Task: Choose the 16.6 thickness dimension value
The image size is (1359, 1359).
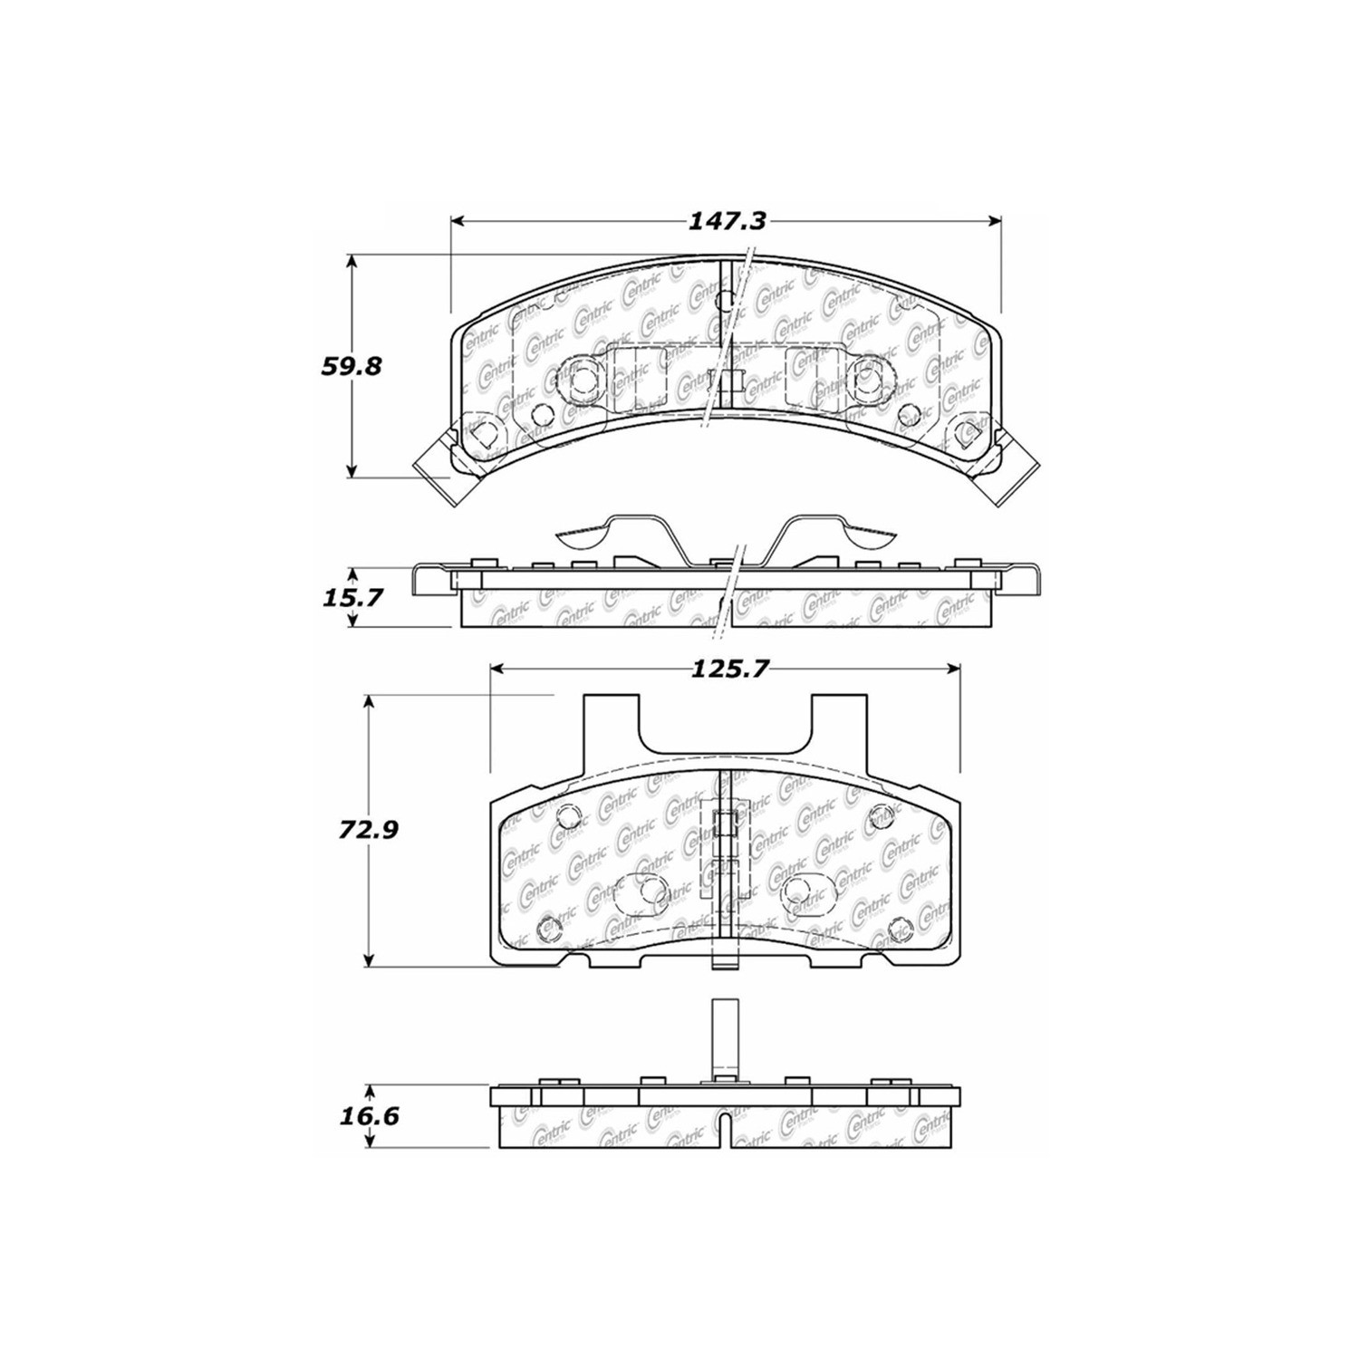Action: pyautogui.click(x=370, y=1115)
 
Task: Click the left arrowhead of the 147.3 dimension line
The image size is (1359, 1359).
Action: pyautogui.click(x=458, y=222)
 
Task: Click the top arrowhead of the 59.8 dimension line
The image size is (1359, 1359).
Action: pyautogui.click(x=352, y=263)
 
